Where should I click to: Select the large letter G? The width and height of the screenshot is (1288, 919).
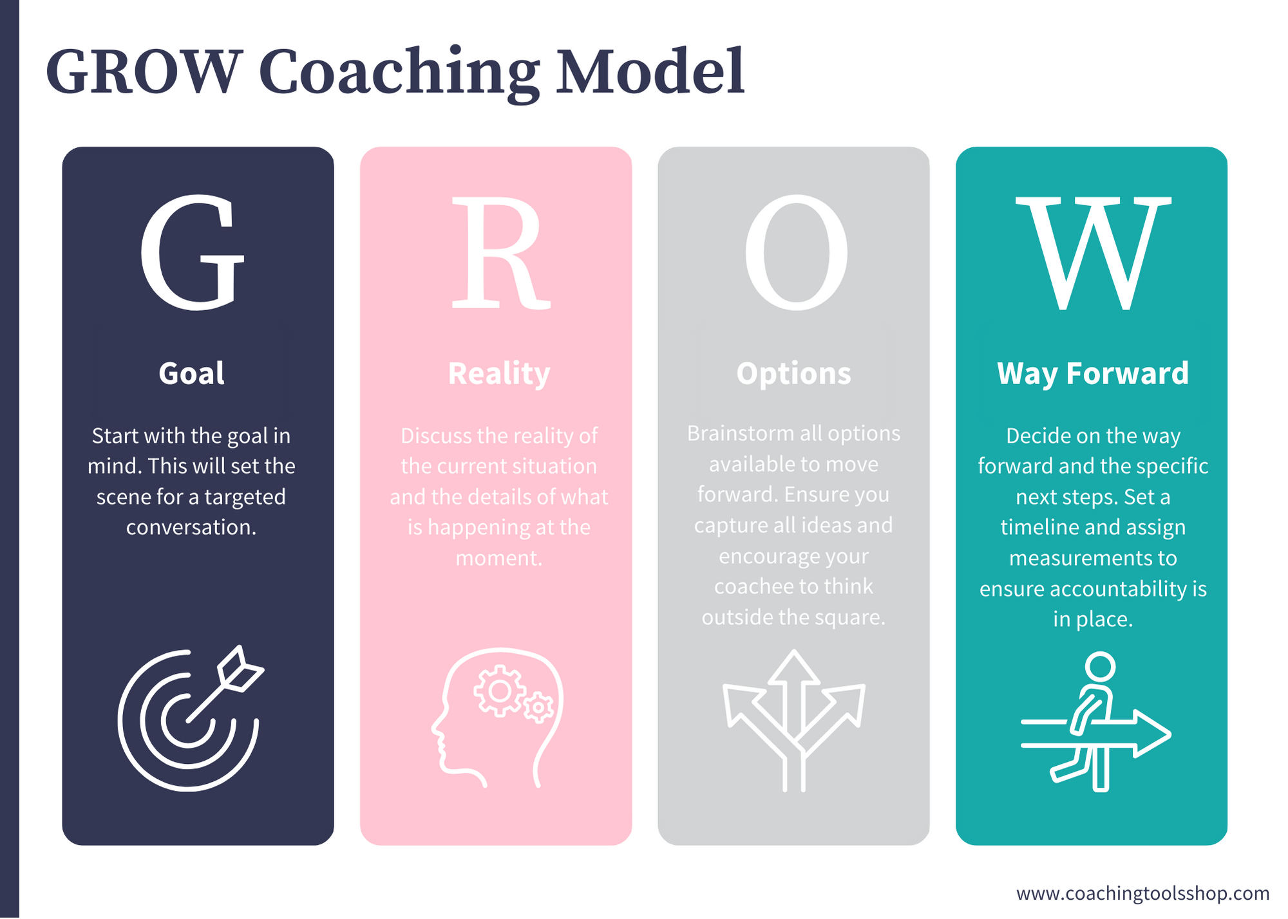coord(193,252)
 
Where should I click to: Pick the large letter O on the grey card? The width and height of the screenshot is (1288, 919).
coord(796,252)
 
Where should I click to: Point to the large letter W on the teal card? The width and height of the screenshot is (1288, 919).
coord(1093,252)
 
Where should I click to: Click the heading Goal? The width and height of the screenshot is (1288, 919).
coord(191,373)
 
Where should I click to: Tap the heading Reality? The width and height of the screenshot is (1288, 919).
coord(499,373)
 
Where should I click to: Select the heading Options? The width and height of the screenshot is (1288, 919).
coord(793,373)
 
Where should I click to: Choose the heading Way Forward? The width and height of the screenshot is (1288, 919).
coord(1093,373)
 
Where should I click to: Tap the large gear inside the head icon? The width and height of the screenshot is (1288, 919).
coord(499,691)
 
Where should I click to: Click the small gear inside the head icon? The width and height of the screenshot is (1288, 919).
coord(538,708)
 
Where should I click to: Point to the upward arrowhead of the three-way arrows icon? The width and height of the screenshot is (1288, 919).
coord(794,667)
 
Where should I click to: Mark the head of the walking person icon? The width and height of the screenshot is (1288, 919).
coord(1100,666)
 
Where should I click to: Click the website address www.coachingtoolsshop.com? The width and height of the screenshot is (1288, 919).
coord(1142,893)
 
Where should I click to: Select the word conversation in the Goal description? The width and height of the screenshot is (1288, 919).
coord(190,527)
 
